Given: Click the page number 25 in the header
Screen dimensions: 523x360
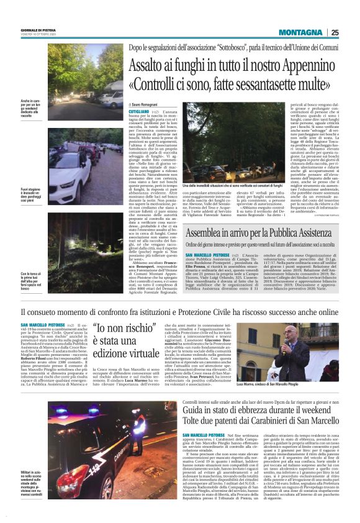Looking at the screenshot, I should tap(335, 32).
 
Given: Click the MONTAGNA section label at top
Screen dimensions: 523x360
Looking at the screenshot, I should tap(300, 32).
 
